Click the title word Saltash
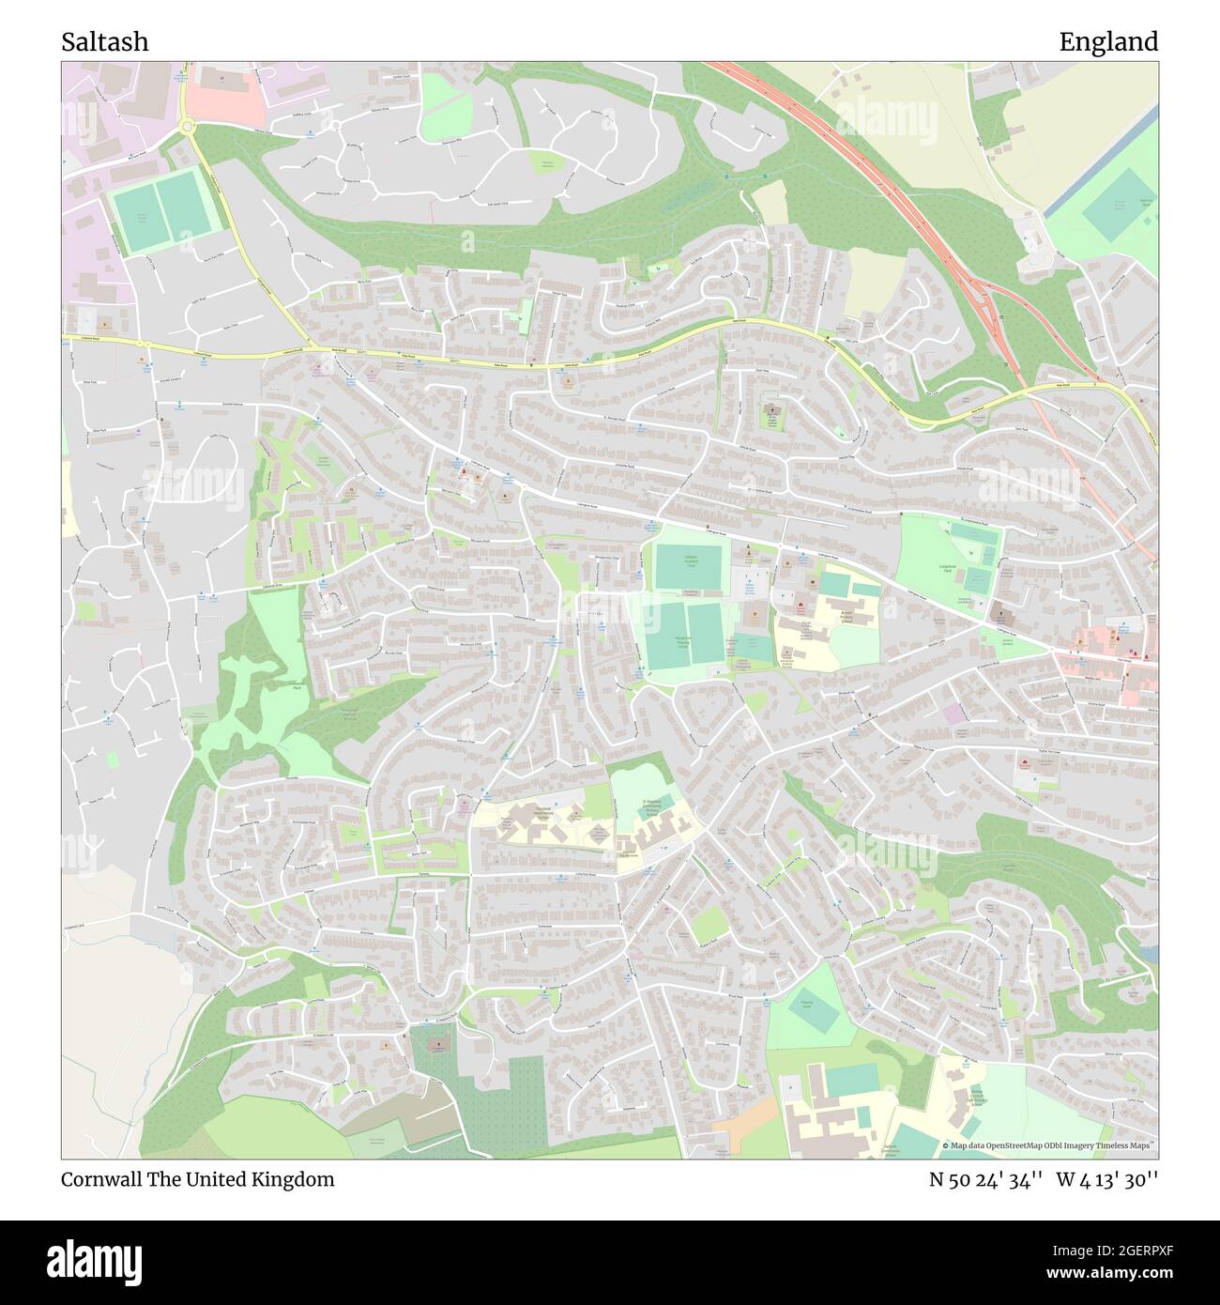tap(104, 42)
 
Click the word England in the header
tap(1108, 42)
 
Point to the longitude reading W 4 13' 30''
tap(1107, 1179)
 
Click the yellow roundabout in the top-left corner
tap(186, 125)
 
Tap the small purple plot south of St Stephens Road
tap(954, 714)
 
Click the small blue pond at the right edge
tap(1151, 953)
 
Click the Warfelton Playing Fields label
tap(683, 641)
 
